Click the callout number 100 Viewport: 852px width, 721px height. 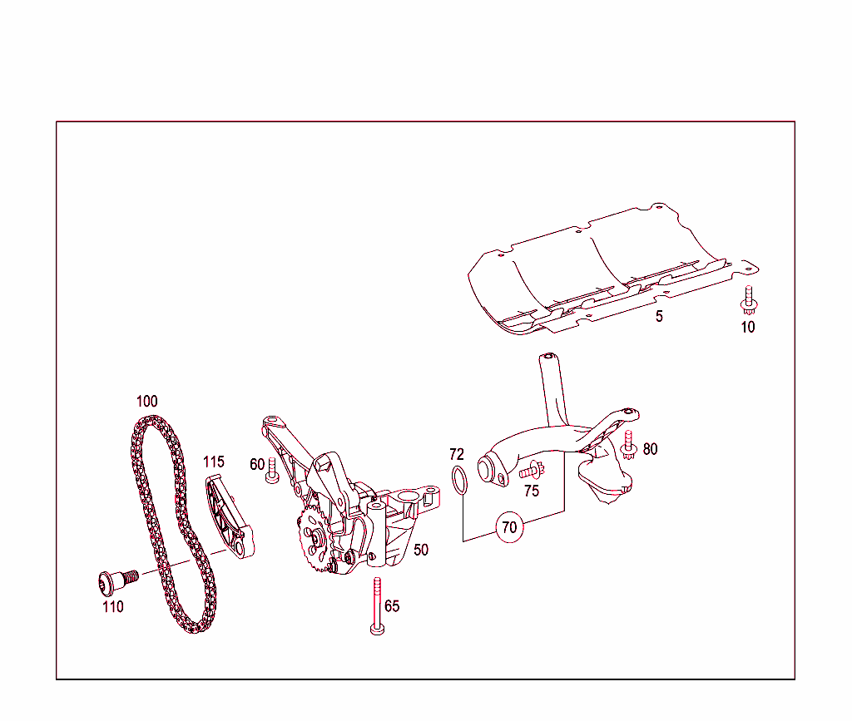pos(146,402)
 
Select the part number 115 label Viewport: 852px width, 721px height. pos(214,462)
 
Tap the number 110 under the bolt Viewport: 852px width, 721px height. pos(113,607)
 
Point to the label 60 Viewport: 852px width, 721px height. pos(257,464)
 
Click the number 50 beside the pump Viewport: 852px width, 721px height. pos(421,551)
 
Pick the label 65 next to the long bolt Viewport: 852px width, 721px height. pos(392,606)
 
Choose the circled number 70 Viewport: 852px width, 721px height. pos(508,527)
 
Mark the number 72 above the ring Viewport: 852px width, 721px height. pos(457,454)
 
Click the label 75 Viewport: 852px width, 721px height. pos(532,491)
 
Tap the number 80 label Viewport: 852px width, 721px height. pos(651,449)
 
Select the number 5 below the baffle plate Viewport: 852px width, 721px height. pos(659,317)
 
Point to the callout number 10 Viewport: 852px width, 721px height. pos(748,328)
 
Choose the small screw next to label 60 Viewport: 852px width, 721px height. pos(271,471)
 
